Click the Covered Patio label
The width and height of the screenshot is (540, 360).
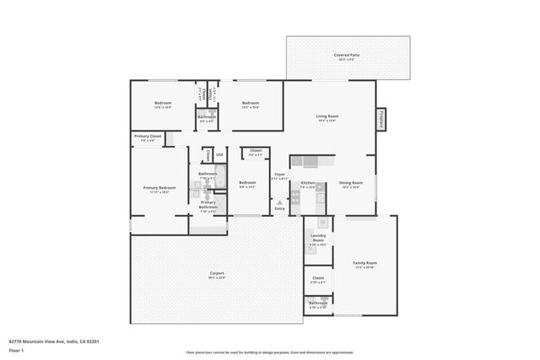coord(347,55)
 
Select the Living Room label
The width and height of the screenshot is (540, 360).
coord(327,116)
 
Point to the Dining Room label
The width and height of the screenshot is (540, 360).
coord(350,183)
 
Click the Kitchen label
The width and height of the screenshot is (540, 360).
coord(308,183)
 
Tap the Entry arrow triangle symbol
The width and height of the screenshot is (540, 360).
coord(279,202)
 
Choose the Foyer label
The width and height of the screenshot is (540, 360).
coord(279,174)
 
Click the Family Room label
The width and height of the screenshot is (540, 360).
coord(364,263)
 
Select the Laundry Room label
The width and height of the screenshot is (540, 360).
coord(317,239)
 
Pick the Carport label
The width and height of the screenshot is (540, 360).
coord(216,273)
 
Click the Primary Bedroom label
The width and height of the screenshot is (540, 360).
coord(159,187)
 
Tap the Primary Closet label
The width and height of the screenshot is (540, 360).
coord(148,136)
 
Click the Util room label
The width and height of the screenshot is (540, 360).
coord(219,154)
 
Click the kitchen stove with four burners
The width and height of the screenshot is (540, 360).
coord(295,197)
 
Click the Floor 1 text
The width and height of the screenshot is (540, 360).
coord(17,350)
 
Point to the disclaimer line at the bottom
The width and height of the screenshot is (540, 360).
coord(269,352)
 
